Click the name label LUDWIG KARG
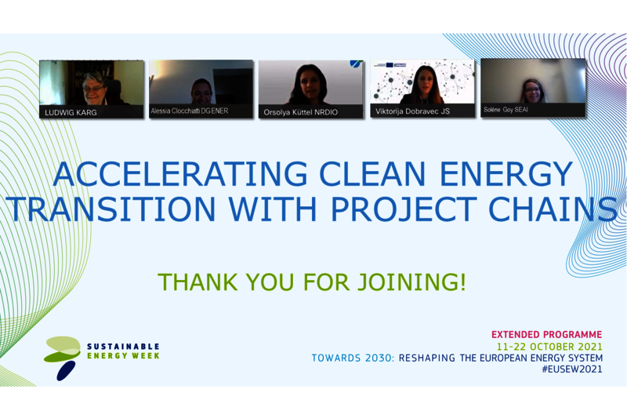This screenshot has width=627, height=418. point(71,112)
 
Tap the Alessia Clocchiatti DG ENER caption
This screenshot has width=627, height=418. point(190,111)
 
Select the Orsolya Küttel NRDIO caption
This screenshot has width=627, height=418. point(301,112)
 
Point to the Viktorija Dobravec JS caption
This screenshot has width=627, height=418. point(412,111)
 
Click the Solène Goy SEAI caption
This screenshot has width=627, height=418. point(506,109)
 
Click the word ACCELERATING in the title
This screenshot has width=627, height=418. point(180,174)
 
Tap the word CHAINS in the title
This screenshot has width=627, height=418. point(553,209)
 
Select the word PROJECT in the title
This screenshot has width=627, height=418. point(404,209)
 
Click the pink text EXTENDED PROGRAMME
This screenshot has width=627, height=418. point(546,334)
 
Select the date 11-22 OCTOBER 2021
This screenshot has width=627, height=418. point(549,346)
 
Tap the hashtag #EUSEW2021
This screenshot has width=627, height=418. point(572,369)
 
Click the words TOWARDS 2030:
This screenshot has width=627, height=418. point(353,358)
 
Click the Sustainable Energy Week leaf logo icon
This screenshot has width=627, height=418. point(63,358)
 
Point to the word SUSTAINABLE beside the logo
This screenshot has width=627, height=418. point(123,347)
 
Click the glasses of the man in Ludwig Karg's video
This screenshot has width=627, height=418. point(92,88)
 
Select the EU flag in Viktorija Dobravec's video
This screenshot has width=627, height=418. point(390,64)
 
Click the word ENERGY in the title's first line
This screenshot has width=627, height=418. point(506,174)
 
